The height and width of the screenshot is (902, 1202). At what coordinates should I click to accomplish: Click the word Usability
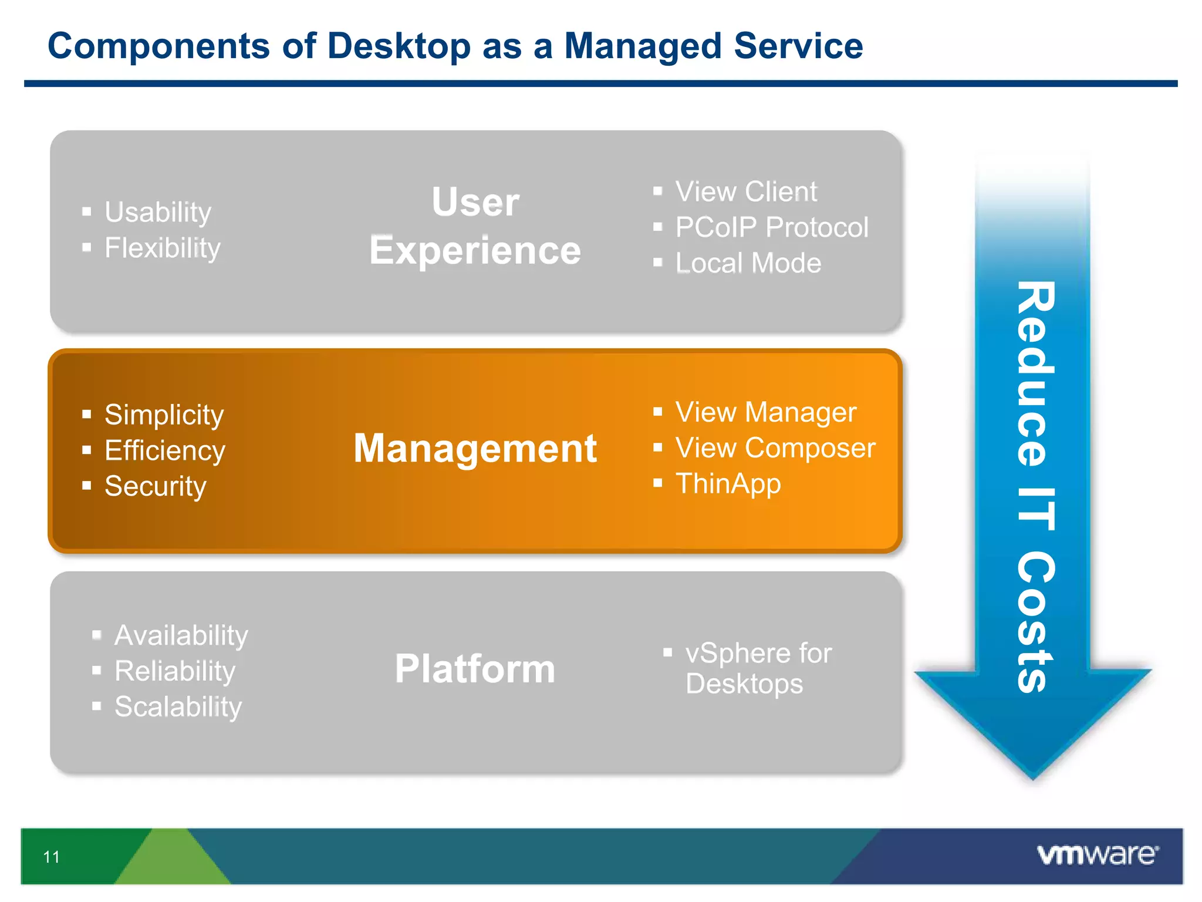click(157, 212)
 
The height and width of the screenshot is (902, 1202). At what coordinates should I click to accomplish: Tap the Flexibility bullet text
click(162, 248)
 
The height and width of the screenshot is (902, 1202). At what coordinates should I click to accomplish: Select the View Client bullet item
click(745, 191)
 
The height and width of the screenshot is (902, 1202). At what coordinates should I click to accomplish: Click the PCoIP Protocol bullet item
click(771, 227)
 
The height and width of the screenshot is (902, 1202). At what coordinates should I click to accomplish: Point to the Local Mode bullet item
click(748, 263)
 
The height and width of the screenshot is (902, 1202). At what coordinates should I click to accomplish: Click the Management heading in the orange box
click(475, 449)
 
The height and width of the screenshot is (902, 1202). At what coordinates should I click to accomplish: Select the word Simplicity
click(164, 415)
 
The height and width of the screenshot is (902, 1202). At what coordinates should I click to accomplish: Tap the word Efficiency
click(164, 450)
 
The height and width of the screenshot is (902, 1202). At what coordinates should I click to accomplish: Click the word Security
click(155, 486)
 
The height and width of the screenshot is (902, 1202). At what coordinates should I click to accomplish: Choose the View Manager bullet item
click(765, 412)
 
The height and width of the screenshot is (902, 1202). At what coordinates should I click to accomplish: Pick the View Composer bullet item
click(775, 448)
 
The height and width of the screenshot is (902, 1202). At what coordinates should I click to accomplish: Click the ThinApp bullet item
click(728, 484)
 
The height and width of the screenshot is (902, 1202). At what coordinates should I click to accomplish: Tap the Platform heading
click(475, 669)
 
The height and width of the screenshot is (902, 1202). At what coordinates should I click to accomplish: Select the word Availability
click(181, 635)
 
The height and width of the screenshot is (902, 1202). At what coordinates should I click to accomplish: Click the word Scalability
click(178, 706)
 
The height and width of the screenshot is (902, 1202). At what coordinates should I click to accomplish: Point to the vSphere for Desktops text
click(757, 668)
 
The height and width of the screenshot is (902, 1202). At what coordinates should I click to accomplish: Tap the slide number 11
click(52, 857)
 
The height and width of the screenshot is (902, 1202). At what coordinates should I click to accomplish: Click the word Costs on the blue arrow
click(1035, 622)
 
